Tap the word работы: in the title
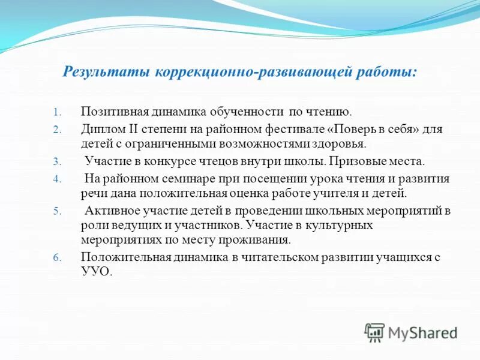click(x=390, y=72)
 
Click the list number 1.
click(x=58, y=112)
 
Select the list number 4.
click(x=58, y=179)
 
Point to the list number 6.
click(x=58, y=257)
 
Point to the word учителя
click(x=335, y=194)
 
